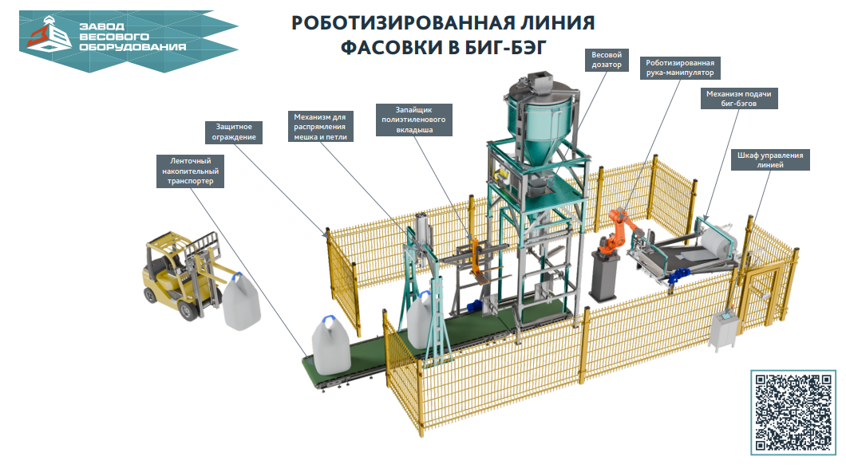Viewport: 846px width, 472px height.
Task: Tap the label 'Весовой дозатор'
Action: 607,60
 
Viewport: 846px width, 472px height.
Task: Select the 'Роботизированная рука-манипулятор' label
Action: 680,67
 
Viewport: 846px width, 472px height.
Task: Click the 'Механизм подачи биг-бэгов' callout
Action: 738,98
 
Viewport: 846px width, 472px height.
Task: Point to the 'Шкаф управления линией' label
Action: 770,159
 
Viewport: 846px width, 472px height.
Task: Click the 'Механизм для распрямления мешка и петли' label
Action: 319,126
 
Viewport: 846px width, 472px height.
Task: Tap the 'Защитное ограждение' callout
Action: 235,132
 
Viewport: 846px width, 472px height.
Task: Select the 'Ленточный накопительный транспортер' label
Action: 191,171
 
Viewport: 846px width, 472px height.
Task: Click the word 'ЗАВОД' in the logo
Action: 103,25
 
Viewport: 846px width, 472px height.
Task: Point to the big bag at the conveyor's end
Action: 332,344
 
